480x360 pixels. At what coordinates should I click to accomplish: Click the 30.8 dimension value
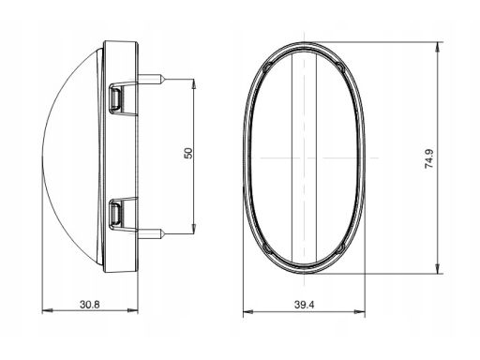pos(90,304)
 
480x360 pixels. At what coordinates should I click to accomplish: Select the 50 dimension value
pos(188,153)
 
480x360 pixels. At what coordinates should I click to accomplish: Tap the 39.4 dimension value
pos(305,305)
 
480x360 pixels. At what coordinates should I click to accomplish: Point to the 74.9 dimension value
pos(428,158)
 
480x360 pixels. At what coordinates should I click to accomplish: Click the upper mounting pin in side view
pos(151,79)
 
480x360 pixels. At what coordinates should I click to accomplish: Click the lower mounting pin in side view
pos(151,233)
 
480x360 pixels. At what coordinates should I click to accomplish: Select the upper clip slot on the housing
pos(114,97)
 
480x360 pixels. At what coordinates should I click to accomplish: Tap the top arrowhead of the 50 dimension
pos(194,84)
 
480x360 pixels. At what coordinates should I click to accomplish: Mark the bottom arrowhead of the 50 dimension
pos(194,229)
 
